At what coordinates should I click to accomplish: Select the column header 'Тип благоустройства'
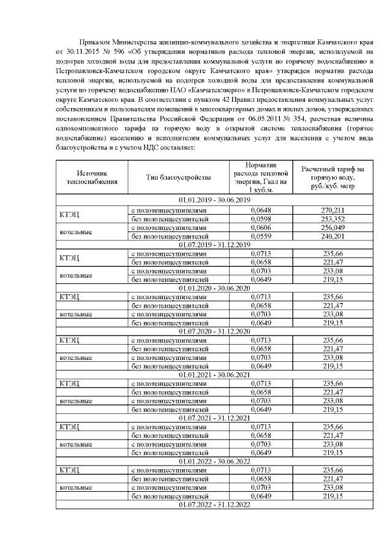coord(178,177)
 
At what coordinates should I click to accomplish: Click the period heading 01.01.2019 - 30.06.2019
coord(214,201)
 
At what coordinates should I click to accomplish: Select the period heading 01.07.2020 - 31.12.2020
coord(214,331)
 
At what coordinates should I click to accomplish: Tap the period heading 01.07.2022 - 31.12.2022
coord(214,505)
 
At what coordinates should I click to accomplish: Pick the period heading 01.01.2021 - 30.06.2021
coord(214,375)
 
